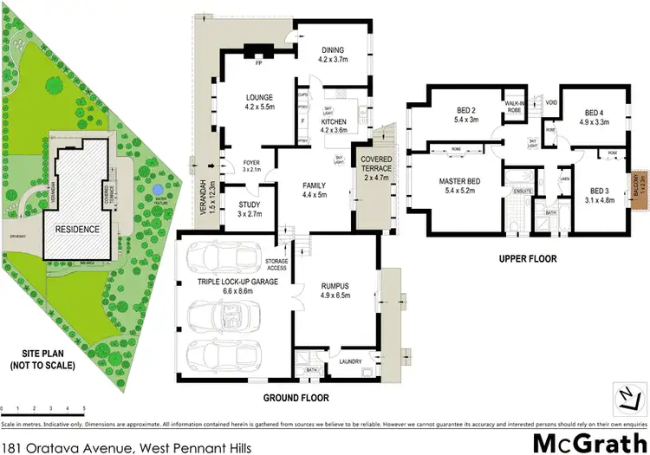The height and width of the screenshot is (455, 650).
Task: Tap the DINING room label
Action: [x=334, y=50]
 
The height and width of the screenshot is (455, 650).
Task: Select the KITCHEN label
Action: [x=334, y=123]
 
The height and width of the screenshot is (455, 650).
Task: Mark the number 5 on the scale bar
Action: [x=84, y=407]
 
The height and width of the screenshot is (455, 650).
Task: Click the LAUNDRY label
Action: [x=350, y=362]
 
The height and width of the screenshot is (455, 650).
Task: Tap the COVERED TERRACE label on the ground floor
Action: [x=377, y=165]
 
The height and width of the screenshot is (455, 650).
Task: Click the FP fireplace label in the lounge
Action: [x=257, y=62]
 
